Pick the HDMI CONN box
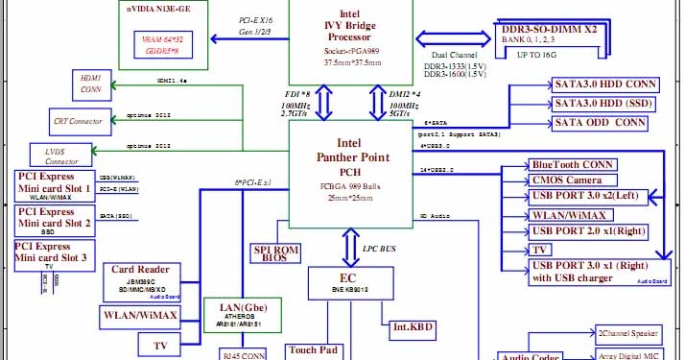point(91,85)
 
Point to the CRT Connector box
point(79,122)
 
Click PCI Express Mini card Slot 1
point(54,186)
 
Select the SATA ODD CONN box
point(601,122)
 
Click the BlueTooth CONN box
point(573,164)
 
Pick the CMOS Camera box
point(570,180)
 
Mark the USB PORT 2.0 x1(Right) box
point(589,230)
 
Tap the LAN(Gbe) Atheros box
point(242,316)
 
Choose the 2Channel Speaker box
point(628,334)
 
